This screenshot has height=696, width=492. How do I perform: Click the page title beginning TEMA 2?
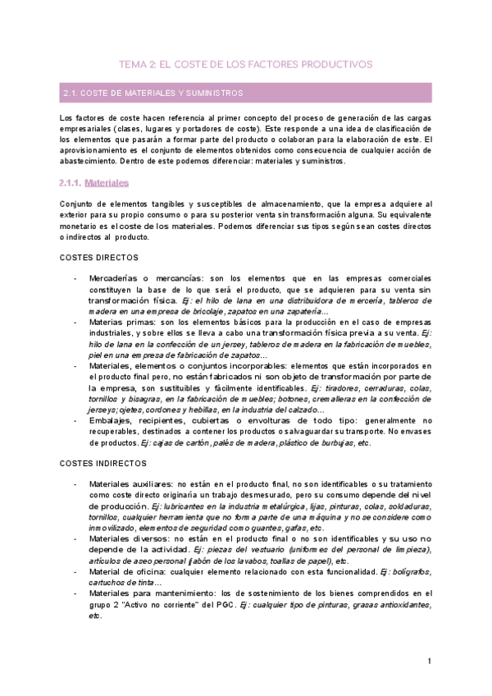tap(246, 63)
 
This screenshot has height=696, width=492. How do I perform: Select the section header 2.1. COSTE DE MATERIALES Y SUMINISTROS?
tap(153, 94)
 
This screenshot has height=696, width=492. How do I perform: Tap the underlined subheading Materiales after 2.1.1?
tap(107, 183)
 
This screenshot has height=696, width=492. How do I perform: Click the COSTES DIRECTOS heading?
tap(93, 257)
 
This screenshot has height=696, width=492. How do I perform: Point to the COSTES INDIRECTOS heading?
tap(98, 463)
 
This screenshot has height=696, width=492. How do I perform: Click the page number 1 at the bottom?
tap(429, 662)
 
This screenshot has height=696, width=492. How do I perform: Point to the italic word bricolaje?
tap(196, 311)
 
